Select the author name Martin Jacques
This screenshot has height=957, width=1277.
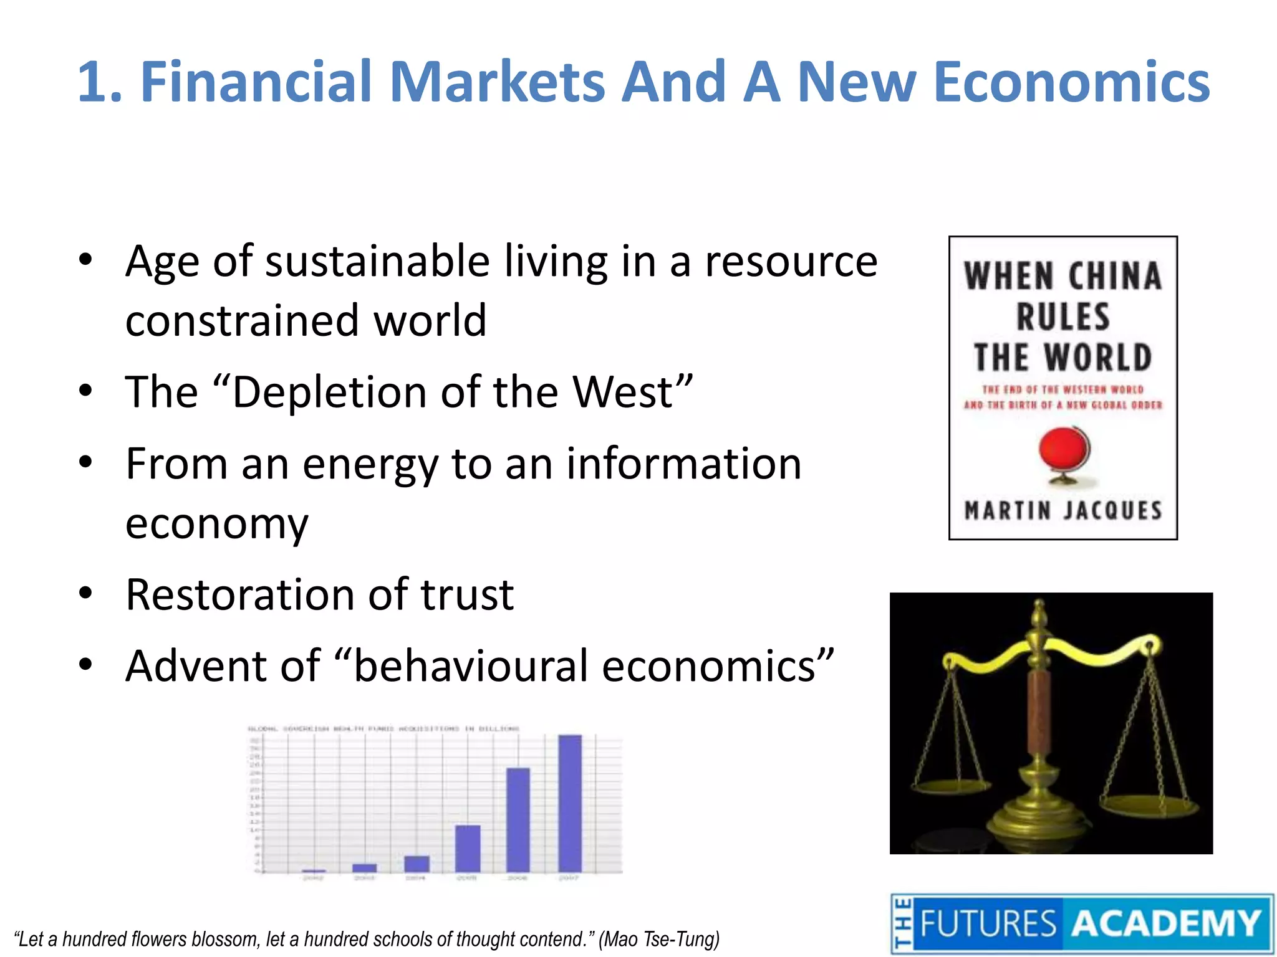[x=1063, y=511]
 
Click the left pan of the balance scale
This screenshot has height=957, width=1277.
[x=950, y=785]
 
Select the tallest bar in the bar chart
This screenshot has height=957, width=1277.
[x=570, y=804]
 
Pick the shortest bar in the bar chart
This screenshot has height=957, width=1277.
[x=314, y=870]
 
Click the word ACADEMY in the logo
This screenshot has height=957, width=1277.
[x=1166, y=923]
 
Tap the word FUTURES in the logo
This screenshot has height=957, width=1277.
[x=988, y=923]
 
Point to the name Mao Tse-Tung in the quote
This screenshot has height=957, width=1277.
[x=659, y=939]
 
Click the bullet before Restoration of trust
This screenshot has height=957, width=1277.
[x=86, y=594]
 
